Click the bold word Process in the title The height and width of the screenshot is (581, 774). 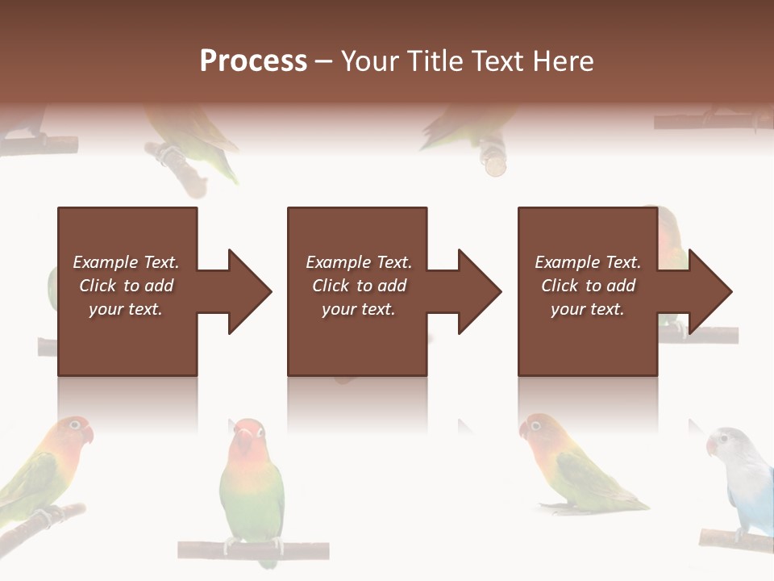(253, 61)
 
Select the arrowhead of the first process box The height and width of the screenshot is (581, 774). (250, 291)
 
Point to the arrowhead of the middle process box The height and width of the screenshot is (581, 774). (480, 291)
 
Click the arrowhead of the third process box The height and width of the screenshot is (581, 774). (709, 291)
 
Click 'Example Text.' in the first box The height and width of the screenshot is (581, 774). (126, 262)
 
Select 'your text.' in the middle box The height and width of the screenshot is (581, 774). (358, 309)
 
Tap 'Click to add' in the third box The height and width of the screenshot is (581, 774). (588, 286)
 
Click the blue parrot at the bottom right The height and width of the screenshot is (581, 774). (746, 484)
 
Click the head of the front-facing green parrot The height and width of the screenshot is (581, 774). (248, 440)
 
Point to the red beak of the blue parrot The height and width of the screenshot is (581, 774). (712, 446)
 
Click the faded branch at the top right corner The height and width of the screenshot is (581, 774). (709, 121)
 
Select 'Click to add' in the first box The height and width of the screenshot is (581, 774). (126, 286)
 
